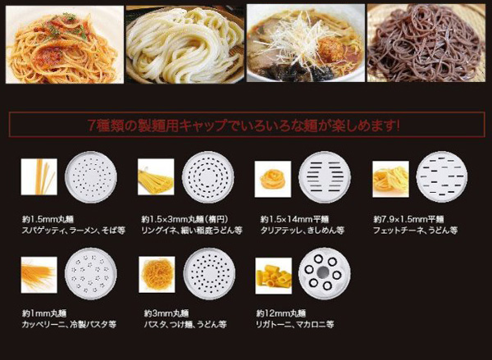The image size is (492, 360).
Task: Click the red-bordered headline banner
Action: click(246, 125)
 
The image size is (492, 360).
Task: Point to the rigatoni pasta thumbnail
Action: click(273, 274)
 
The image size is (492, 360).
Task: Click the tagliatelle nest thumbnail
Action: click(273, 175)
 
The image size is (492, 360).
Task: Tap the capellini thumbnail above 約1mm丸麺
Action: click(39, 274)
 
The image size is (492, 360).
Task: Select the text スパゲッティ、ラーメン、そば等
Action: click(72, 230)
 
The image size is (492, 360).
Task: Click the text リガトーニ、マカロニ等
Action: click(294, 325)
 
